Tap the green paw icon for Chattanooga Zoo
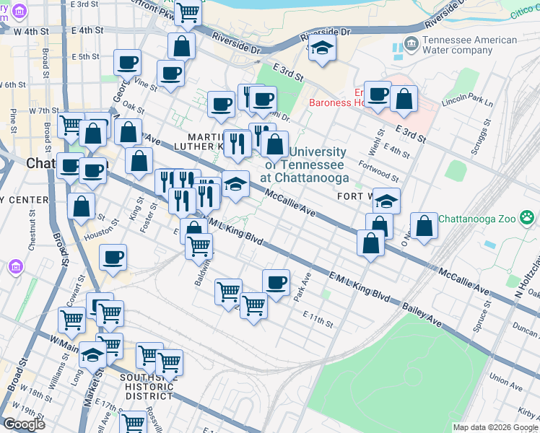528,216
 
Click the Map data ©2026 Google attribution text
495,427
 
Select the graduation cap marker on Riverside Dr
322,48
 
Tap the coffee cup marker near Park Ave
275,282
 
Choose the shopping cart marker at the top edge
188,9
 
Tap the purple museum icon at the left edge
14,268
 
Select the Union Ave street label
505,377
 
